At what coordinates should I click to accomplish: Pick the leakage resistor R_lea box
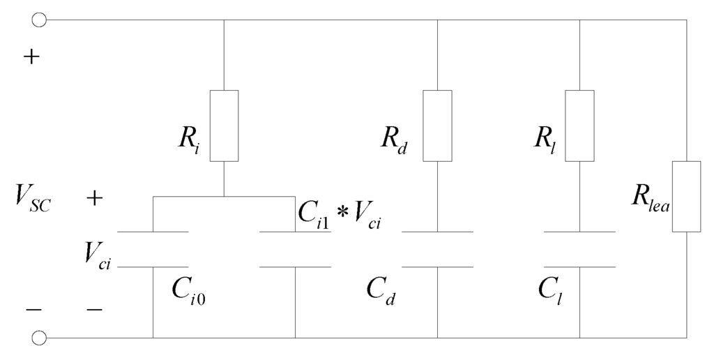[x=687, y=196]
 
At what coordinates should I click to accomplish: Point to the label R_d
[x=394, y=139]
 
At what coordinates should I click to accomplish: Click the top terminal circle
[x=40, y=20]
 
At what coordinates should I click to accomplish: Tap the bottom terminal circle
[x=40, y=338]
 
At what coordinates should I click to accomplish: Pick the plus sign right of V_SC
[x=95, y=199]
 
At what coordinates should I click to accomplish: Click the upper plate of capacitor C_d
[x=437, y=232]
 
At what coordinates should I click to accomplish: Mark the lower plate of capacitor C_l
[x=579, y=267]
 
